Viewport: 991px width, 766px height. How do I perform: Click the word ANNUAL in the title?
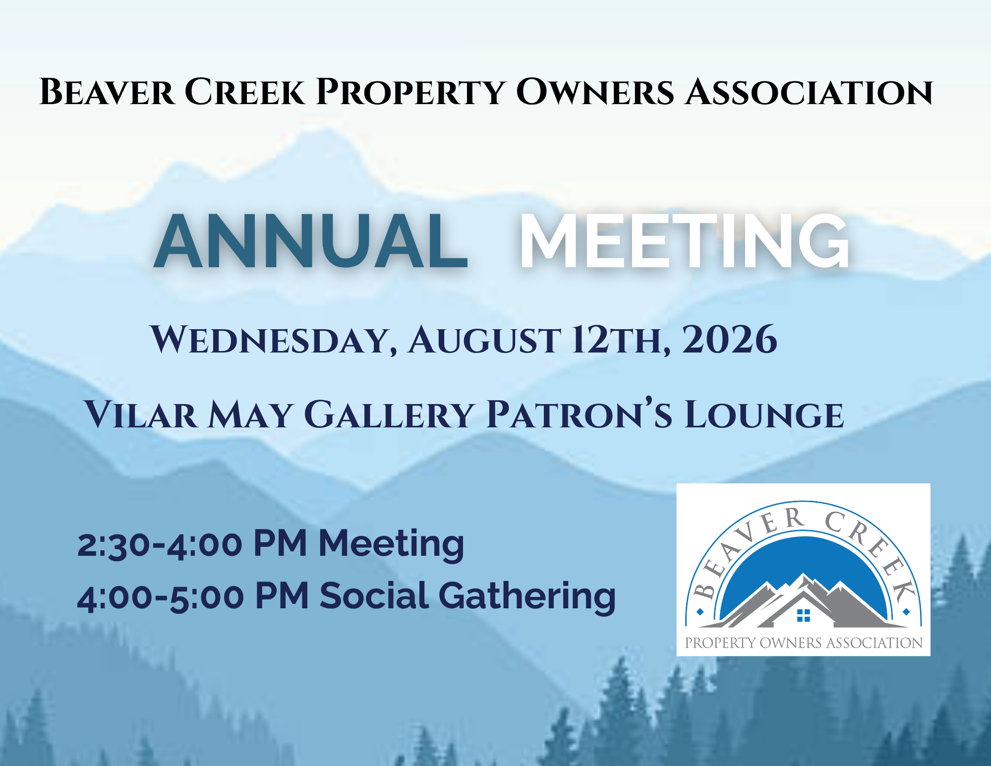(x=311, y=241)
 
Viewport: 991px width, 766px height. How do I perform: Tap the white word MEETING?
(x=684, y=241)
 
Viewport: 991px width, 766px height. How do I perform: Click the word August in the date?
(x=484, y=340)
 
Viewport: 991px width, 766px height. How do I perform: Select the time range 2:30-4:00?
(x=160, y=544)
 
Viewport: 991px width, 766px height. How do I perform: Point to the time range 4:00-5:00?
(x=161, y=596)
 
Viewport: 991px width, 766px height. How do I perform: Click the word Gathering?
(x=527, y=596)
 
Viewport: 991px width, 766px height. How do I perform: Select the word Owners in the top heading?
(x=595, y=92)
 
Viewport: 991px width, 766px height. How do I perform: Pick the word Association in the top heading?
(x=809, y=92)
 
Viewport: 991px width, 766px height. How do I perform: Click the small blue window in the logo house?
(x=803, y=615)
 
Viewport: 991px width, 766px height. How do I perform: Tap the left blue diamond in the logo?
(x=700, y=612)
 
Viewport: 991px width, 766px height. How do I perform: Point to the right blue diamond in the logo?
(x=906, y=612)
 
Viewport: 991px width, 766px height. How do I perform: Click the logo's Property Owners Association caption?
(x=803, y=643)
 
